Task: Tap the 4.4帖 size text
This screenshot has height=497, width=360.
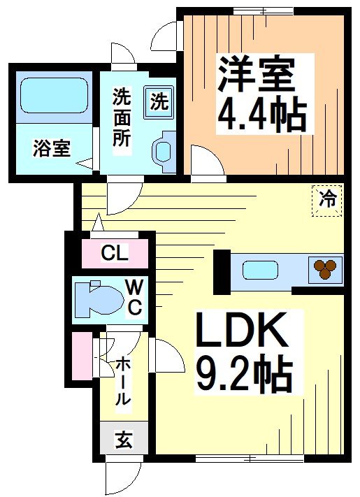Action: tap(262, 115)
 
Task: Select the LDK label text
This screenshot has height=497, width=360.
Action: tap(242, 332)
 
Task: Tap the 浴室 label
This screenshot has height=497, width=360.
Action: tap(51, 148)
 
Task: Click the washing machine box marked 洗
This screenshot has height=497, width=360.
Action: tap(159, 101)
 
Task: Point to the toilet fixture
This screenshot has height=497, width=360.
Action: tap(96, 298)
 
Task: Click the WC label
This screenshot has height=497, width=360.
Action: tap(135, 297)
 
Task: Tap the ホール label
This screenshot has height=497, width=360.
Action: tap(122, 381)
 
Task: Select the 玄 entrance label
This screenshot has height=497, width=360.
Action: tap(123, 440)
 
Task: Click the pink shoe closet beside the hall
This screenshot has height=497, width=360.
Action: tap(82, 356)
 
